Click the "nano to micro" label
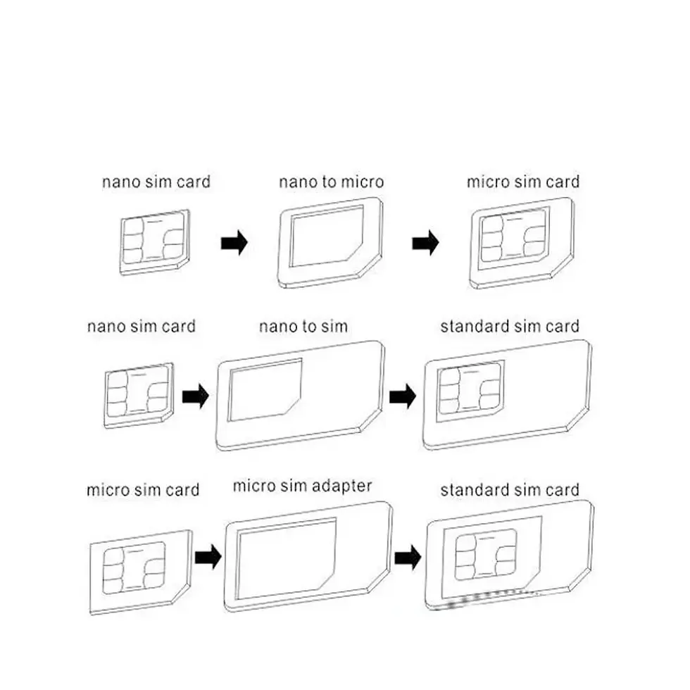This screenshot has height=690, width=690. [331, 182]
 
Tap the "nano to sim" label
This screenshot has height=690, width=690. [303, 327]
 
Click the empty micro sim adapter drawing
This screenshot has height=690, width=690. [306, 557]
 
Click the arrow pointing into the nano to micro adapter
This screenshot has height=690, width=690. [234, 244]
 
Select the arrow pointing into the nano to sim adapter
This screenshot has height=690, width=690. [196, 398]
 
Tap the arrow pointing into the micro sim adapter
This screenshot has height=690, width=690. [206, 558]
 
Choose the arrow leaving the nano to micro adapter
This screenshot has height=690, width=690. [425, 244]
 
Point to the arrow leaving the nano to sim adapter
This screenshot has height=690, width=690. [403, 397]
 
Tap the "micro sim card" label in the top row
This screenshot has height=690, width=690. [522, 182]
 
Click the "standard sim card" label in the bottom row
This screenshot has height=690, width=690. [510, 490]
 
